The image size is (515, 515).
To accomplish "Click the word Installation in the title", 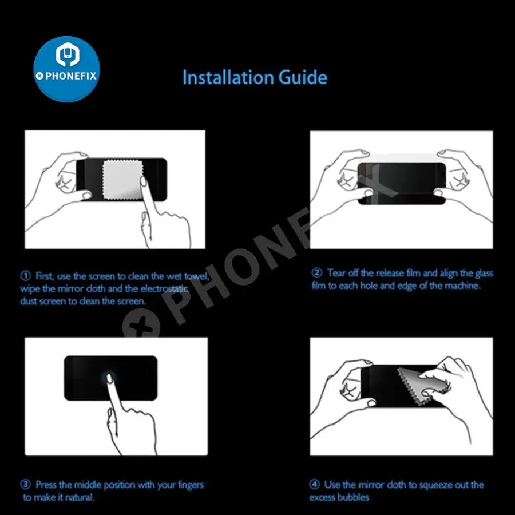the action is tap(228, 77).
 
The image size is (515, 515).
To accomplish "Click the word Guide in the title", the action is tap(303, 77).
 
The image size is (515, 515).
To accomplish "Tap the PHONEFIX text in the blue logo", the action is tap(70, 76).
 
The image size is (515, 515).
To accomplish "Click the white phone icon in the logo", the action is tap(67, 54).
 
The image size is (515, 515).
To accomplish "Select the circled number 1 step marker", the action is tap(26, 276).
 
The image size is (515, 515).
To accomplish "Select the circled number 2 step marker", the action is tap(316, 273).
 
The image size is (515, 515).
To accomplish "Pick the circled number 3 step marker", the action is tap(26, 484).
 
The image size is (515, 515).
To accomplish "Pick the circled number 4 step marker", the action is tap(314, 484).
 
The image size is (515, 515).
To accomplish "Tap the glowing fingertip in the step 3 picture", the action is tap(110, 378).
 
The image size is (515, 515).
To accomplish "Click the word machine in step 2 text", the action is tap(463, 286).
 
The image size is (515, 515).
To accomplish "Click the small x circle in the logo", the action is tap(39, 76).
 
